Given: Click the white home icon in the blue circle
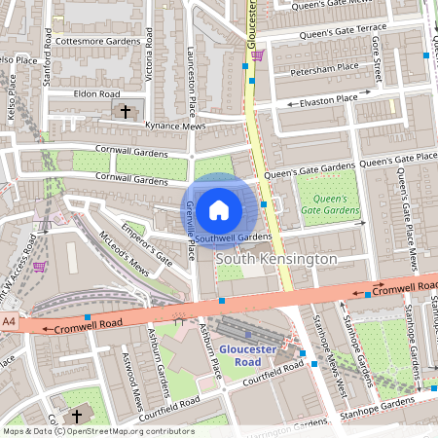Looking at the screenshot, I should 219,209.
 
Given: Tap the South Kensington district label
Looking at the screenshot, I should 275,260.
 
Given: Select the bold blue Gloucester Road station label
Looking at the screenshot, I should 247,354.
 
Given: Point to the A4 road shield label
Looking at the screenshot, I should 10,320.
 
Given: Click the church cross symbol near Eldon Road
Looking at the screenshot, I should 125,112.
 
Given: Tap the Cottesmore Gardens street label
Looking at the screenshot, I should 98,43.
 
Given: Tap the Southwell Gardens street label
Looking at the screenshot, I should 233,237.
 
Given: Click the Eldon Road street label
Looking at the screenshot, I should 95,94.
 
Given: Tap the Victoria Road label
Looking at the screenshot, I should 149,58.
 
